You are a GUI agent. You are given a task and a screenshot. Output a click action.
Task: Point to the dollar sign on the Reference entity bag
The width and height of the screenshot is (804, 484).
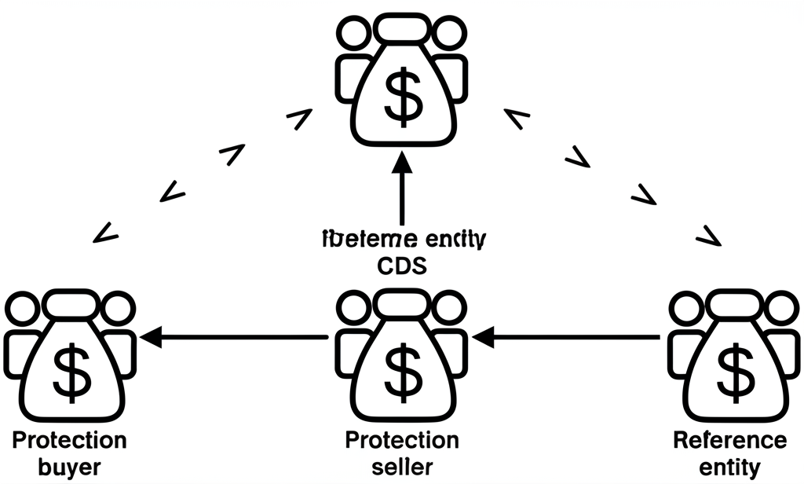[x=734, y=372]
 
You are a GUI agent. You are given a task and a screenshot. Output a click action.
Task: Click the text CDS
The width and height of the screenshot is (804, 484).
[x=401, y=266]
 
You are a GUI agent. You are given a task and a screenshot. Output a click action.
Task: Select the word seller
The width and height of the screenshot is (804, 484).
[x=401, y=467]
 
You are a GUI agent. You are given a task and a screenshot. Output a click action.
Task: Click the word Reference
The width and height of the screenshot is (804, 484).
[x=731, y=440]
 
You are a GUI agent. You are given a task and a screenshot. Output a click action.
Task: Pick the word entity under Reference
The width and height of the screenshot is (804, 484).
[x=731, y=468]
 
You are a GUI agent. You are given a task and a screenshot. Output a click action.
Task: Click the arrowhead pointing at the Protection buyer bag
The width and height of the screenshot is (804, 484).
[x=149, y=338]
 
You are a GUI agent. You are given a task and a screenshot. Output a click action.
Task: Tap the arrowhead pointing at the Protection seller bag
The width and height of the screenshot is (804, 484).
[x=481, y=338]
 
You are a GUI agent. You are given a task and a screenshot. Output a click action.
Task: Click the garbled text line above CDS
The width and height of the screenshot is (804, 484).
[x=401, y=238]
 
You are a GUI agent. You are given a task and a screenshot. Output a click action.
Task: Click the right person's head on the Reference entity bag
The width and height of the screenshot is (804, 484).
[x=781, y=309]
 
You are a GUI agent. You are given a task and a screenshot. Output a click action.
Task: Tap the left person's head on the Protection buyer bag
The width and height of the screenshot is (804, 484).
[x=21, y=309]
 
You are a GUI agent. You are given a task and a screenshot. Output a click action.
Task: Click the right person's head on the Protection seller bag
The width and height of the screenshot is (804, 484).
[x=449, y=309]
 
